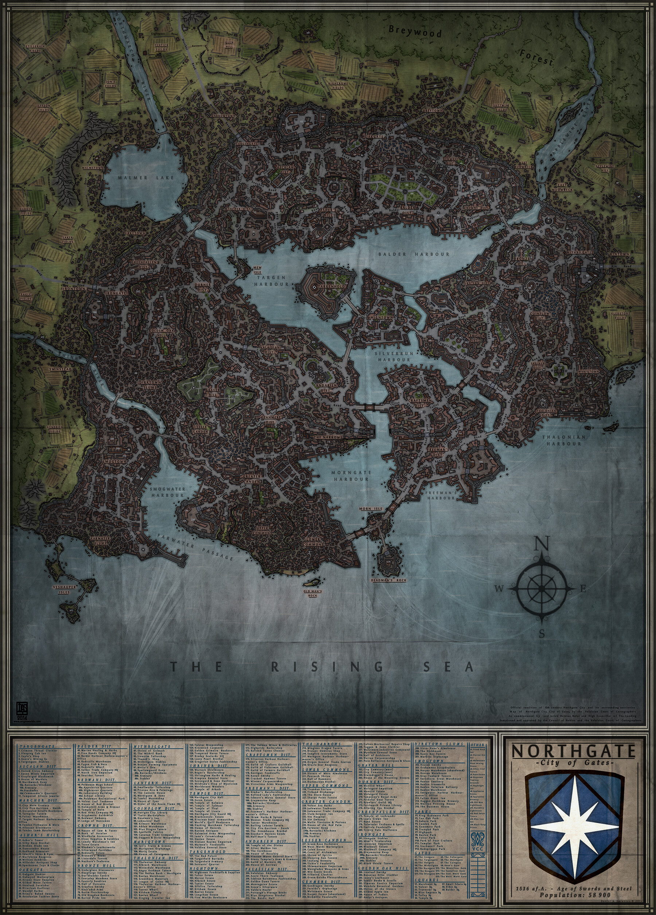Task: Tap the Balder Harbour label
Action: click(x=413, y=254)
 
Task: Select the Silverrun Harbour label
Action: click(x=392, y=356)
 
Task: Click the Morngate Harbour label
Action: click(x=350, y=476)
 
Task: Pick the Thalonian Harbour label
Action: click(x=564, y=440)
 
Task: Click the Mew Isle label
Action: click(x=257, y=270)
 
